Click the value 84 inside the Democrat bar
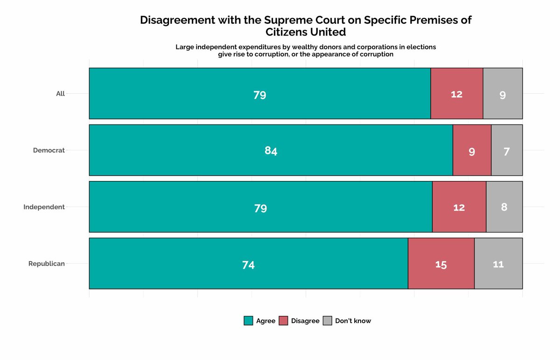271,151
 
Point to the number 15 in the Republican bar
441,265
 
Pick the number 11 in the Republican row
498,264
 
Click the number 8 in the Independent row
504,207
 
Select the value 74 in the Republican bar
248,265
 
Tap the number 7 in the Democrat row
506,151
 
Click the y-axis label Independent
44,207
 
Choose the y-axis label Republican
47,263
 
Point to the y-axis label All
60,93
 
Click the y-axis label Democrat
49,150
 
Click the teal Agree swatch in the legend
248,321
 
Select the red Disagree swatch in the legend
283,321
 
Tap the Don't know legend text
353,321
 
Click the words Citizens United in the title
306,32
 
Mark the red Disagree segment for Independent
459,219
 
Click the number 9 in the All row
503,95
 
